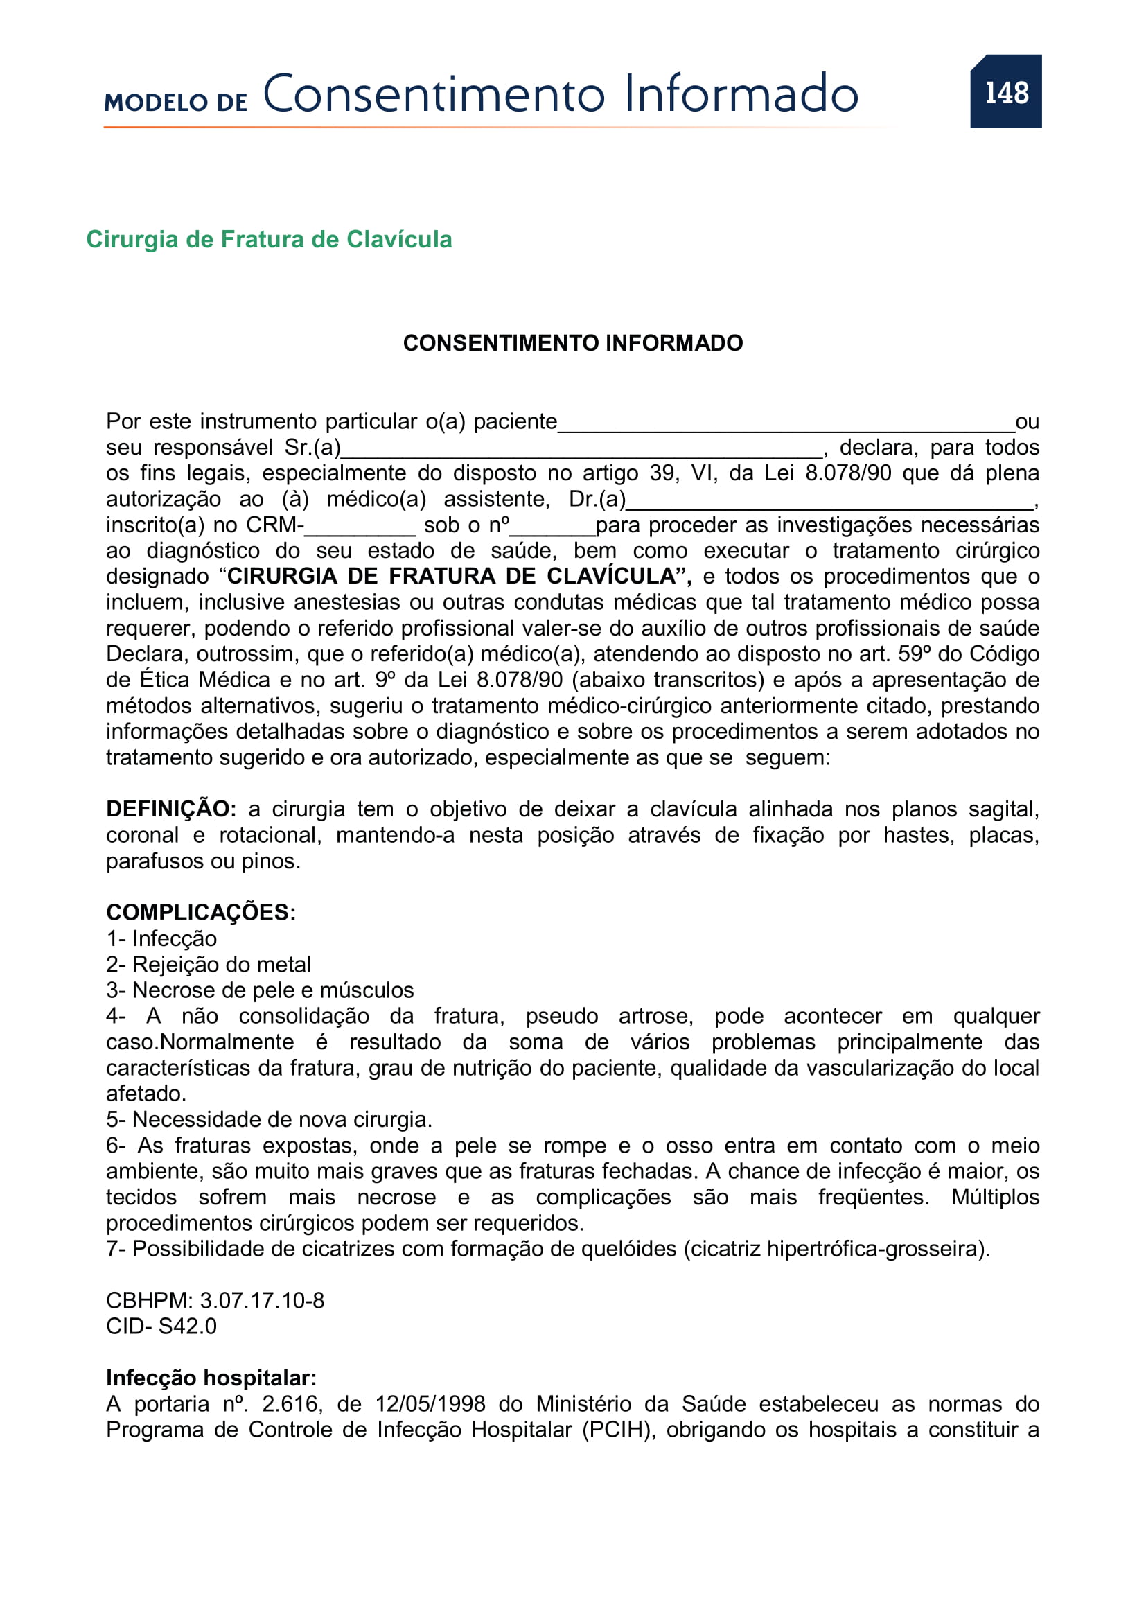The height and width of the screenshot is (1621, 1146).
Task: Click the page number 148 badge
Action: point(1005,92)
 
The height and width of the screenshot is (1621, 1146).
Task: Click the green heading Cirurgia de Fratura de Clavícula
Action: point(269,239)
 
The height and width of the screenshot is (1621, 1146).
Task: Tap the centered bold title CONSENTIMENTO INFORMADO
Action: point(572,343)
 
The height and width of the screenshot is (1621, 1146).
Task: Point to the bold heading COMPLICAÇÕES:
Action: point(201,912)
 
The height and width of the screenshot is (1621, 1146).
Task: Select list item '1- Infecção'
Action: point(161,938)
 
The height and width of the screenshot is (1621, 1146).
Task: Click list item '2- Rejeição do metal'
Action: point(209,965)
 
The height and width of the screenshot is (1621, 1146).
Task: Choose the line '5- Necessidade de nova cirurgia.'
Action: point(269,1120)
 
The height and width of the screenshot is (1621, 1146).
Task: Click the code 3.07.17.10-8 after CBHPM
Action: point(262,1300)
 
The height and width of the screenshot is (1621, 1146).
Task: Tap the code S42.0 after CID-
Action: point(187,1326)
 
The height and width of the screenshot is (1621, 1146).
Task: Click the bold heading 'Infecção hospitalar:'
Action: point(212,1378)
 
